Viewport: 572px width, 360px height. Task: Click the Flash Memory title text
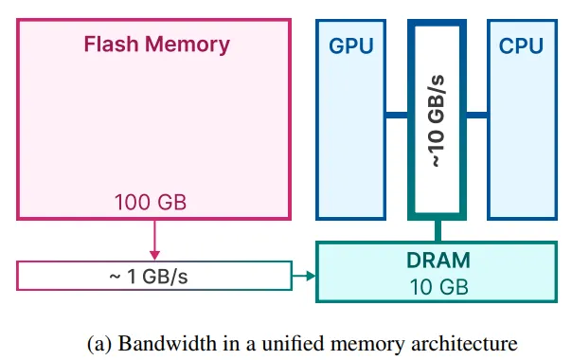click(156, 45)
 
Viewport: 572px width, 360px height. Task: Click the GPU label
click(350, 45)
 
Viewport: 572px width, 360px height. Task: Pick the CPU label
click(522, 45)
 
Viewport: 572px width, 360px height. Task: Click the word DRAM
click(437, 260)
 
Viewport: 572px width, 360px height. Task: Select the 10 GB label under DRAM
click(437, 284)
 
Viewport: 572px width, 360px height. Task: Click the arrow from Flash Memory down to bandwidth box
click(155, 238)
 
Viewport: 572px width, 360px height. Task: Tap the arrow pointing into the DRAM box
click(304, 276)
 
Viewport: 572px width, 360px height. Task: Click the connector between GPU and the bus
click(397, 116)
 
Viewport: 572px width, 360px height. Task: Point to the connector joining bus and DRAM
click(438, 229)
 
